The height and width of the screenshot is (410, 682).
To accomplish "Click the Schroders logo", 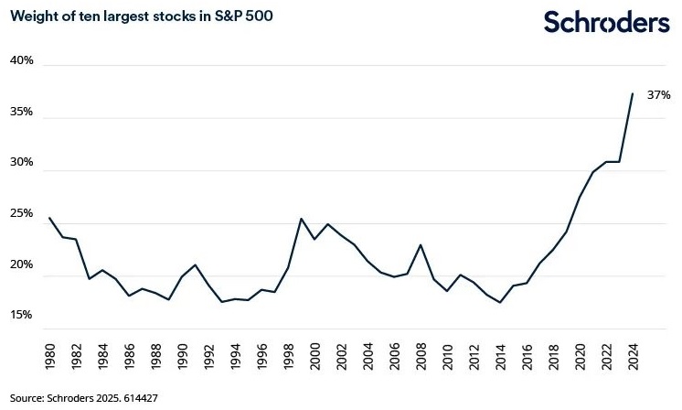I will [606, 21].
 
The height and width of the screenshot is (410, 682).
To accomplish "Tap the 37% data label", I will [658, 94].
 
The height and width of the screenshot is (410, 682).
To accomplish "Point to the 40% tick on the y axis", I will [22, 60].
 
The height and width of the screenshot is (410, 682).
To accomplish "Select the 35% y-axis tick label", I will [22, 112].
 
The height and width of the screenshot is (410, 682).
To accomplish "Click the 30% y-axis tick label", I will [22, 162].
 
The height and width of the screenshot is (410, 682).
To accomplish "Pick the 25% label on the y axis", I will [22, 213].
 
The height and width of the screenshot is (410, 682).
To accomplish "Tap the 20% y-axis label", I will [22, 264].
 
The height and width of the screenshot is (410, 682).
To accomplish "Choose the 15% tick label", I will [22, 315].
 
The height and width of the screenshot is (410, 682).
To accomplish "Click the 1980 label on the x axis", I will [49, 357].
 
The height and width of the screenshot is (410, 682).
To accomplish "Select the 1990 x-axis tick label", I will [182, 357].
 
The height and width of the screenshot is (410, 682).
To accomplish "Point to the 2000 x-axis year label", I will [314, 357].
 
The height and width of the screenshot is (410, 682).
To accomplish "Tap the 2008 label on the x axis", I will [420, 357].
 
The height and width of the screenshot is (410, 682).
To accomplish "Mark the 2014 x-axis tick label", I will [499, 357].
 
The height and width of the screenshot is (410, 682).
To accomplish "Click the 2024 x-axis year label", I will [632, 357].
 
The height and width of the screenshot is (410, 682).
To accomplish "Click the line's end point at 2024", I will [632, 93].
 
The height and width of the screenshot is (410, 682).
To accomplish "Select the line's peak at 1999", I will [302, 219].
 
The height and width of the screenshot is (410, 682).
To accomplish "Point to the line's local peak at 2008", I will [420, 244].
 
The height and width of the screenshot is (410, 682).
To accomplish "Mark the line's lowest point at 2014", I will [499, 302].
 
